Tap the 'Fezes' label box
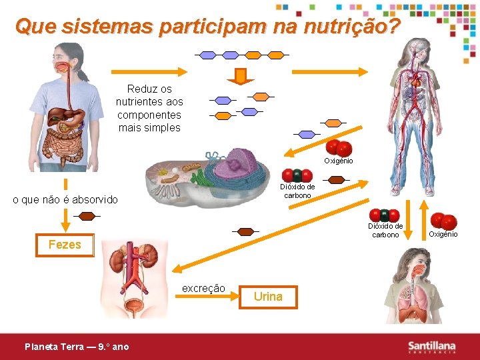click(x=65, y=245)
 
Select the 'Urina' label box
click(x=268, y=297)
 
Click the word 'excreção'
click(x=203, y=289)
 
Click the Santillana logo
click(x=432, y=347)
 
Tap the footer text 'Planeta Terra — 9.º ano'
click(x=77, y=347)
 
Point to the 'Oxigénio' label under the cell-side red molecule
click(x=339, y=161)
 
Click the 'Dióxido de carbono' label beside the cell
click(x=297, y=191)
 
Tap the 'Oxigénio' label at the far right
click(x=443, y=234)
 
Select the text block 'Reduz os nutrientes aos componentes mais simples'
click(x=149, y=108)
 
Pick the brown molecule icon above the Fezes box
click(x=87, y=215)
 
